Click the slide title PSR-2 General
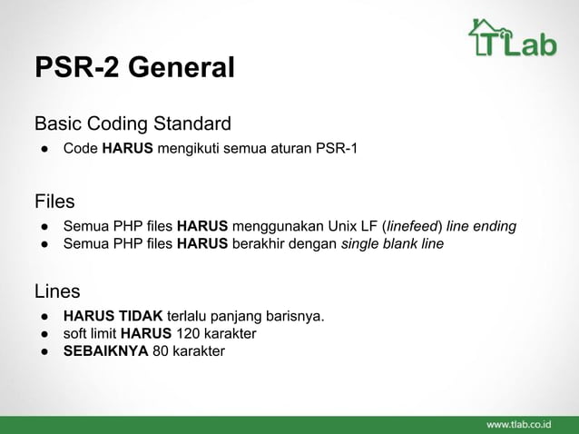tap(134, 68)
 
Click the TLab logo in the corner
tap(512, 38)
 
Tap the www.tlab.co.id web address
tap(525, 425)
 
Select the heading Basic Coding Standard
tap(132, 123)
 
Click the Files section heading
tap(54, 201)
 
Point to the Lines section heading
tap(57, 291)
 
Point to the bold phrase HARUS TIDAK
tap(113, 316)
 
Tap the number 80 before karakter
tap(161, 350)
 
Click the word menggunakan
tap(277, 226)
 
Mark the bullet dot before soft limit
tap(43, 333)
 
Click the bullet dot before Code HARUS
tap(43, 148)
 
